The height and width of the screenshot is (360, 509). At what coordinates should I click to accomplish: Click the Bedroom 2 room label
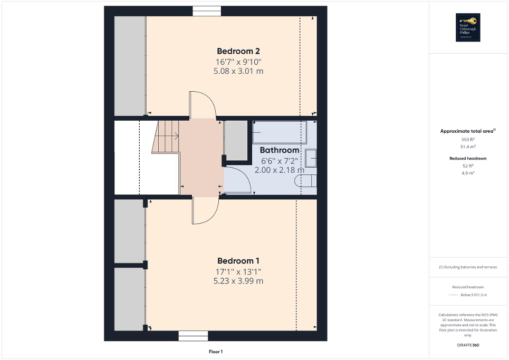[238, 51]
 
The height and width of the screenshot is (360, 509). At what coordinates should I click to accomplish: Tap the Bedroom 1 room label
[238, 261]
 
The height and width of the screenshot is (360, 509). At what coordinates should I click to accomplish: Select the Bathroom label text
[280, 150]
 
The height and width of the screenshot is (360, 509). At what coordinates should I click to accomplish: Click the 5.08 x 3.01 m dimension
[238, 71]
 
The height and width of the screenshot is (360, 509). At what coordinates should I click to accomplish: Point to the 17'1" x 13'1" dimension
[238, 271]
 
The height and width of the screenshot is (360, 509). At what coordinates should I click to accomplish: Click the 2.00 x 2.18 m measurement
[280, 170]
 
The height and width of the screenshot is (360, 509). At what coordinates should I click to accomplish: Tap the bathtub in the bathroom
[279, 132]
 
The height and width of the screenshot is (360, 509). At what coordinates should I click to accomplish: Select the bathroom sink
[311, 158]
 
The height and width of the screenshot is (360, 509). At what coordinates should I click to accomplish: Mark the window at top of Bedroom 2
[206, 11]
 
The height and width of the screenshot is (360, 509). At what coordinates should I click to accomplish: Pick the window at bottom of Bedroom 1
[193, 336]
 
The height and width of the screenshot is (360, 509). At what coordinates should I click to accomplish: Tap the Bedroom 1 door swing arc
[205, 210]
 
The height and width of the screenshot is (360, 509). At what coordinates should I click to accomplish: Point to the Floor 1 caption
[216, 352]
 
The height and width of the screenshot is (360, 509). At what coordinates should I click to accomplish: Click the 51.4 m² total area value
[467, 147]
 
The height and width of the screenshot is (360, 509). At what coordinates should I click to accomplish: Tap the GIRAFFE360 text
[468, 345]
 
